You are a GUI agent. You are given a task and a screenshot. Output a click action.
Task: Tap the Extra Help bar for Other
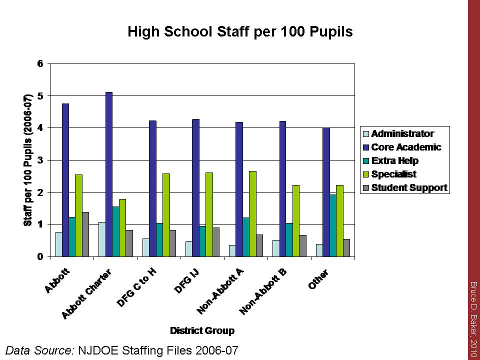click(x=333, y=225)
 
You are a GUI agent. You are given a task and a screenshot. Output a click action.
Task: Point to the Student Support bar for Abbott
click(x=85, y=234)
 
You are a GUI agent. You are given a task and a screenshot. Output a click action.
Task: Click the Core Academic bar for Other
click(x=326, y=192)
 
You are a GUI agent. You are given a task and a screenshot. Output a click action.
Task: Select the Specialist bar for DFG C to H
click(x=166, y=215)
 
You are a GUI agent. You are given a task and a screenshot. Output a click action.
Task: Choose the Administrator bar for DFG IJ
click(x=189, y=248)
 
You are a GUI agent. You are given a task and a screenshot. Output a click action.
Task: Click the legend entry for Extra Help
click(x=394, y=161)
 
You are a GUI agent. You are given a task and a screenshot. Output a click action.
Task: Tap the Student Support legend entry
click(x=409, y=188)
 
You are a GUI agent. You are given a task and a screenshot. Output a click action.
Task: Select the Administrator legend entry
click(x=402, y=134)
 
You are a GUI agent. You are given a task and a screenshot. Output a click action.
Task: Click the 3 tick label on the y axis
click(x=41, y=160)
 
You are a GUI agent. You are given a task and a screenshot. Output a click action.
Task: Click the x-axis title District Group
click(x=202, y=330)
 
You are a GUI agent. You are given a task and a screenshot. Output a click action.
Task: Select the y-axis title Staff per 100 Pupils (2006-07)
click(x=28, y=160)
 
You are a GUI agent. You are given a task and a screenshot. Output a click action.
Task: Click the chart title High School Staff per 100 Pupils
click(x=240, y=32)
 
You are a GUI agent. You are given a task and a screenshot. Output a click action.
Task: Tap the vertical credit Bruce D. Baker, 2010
click(x=472, y=319)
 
